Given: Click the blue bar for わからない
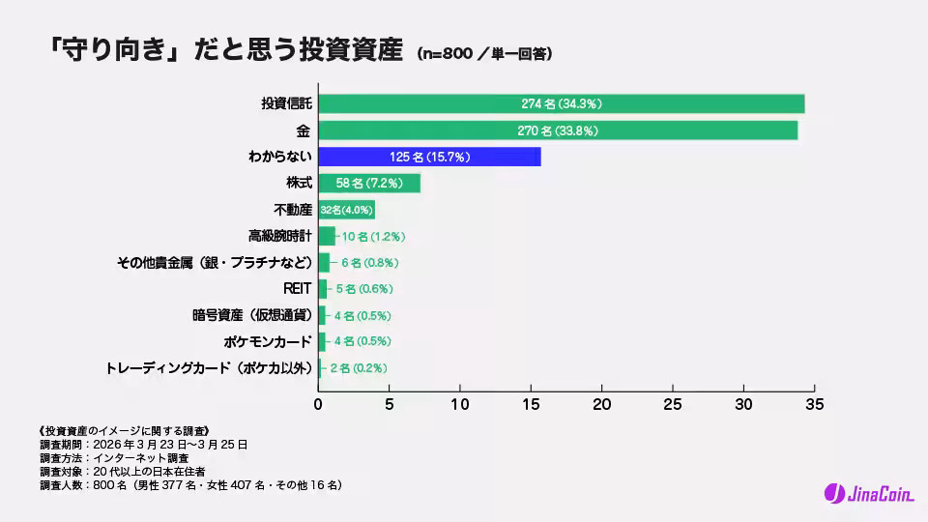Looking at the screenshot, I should pyautogui.click(x=429, y=157).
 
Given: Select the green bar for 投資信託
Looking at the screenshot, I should pyautogui.click(x=561, y=103).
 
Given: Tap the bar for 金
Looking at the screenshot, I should pyautogui.click(x=558, y=130).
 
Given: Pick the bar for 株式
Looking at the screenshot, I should pyautogui.click(x=369, y=183).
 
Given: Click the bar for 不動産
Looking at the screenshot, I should pyautogui.click(x=346, y=210).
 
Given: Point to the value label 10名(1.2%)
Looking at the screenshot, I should pyautogui.click(x=373, y=236).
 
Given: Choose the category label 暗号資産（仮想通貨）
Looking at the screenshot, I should pyautogui.click(x=251, y=315).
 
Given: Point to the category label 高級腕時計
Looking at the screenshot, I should pyautogui.click(x=279, y=236).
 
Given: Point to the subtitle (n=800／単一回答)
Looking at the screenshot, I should pyautogui.click(x=484, y=55).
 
